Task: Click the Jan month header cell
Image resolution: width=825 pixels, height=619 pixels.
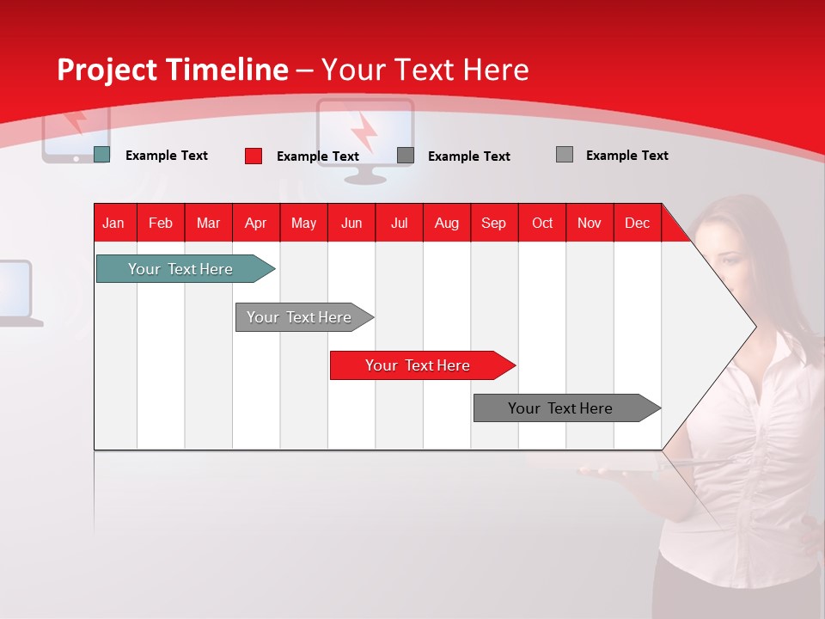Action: tap(114, 223)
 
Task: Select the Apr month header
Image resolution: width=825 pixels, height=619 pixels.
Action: tap(256, 223)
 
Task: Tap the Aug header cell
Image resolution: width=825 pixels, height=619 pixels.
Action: tap(447, 223)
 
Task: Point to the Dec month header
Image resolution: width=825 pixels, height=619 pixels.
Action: tap(637, 223)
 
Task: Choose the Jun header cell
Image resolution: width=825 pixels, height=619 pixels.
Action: tap(351, 223)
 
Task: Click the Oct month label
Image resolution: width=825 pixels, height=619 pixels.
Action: tap(542, 223)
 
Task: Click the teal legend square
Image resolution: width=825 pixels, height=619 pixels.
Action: tap(101, 155)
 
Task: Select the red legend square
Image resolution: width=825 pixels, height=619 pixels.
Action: tap(253, 156)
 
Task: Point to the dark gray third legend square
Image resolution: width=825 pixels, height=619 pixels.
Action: tap(406, 156)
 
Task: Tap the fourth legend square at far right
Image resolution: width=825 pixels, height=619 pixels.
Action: tap(565, 155)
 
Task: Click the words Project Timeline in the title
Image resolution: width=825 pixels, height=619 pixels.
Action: tap(172, 70)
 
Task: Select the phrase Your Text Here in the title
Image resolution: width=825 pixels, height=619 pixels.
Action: tap(425, 70)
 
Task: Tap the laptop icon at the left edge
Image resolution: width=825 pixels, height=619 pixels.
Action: tap(17, 292)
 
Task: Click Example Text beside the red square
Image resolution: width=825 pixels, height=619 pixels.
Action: tap(317, 156)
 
